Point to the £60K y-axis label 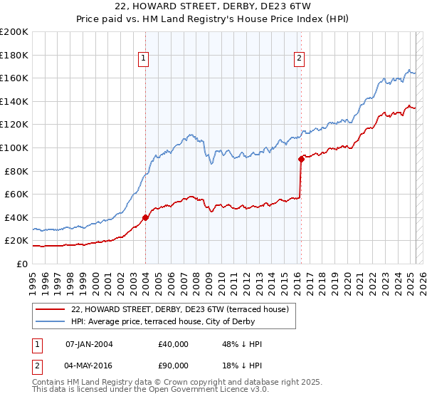coord(16,194)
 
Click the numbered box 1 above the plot coord(144,58)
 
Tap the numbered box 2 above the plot coord(299,58)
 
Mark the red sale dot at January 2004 coord(145,217)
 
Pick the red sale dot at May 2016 coord(301,160)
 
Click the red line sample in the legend coord(51,310)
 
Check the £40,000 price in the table coord(174,344)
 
